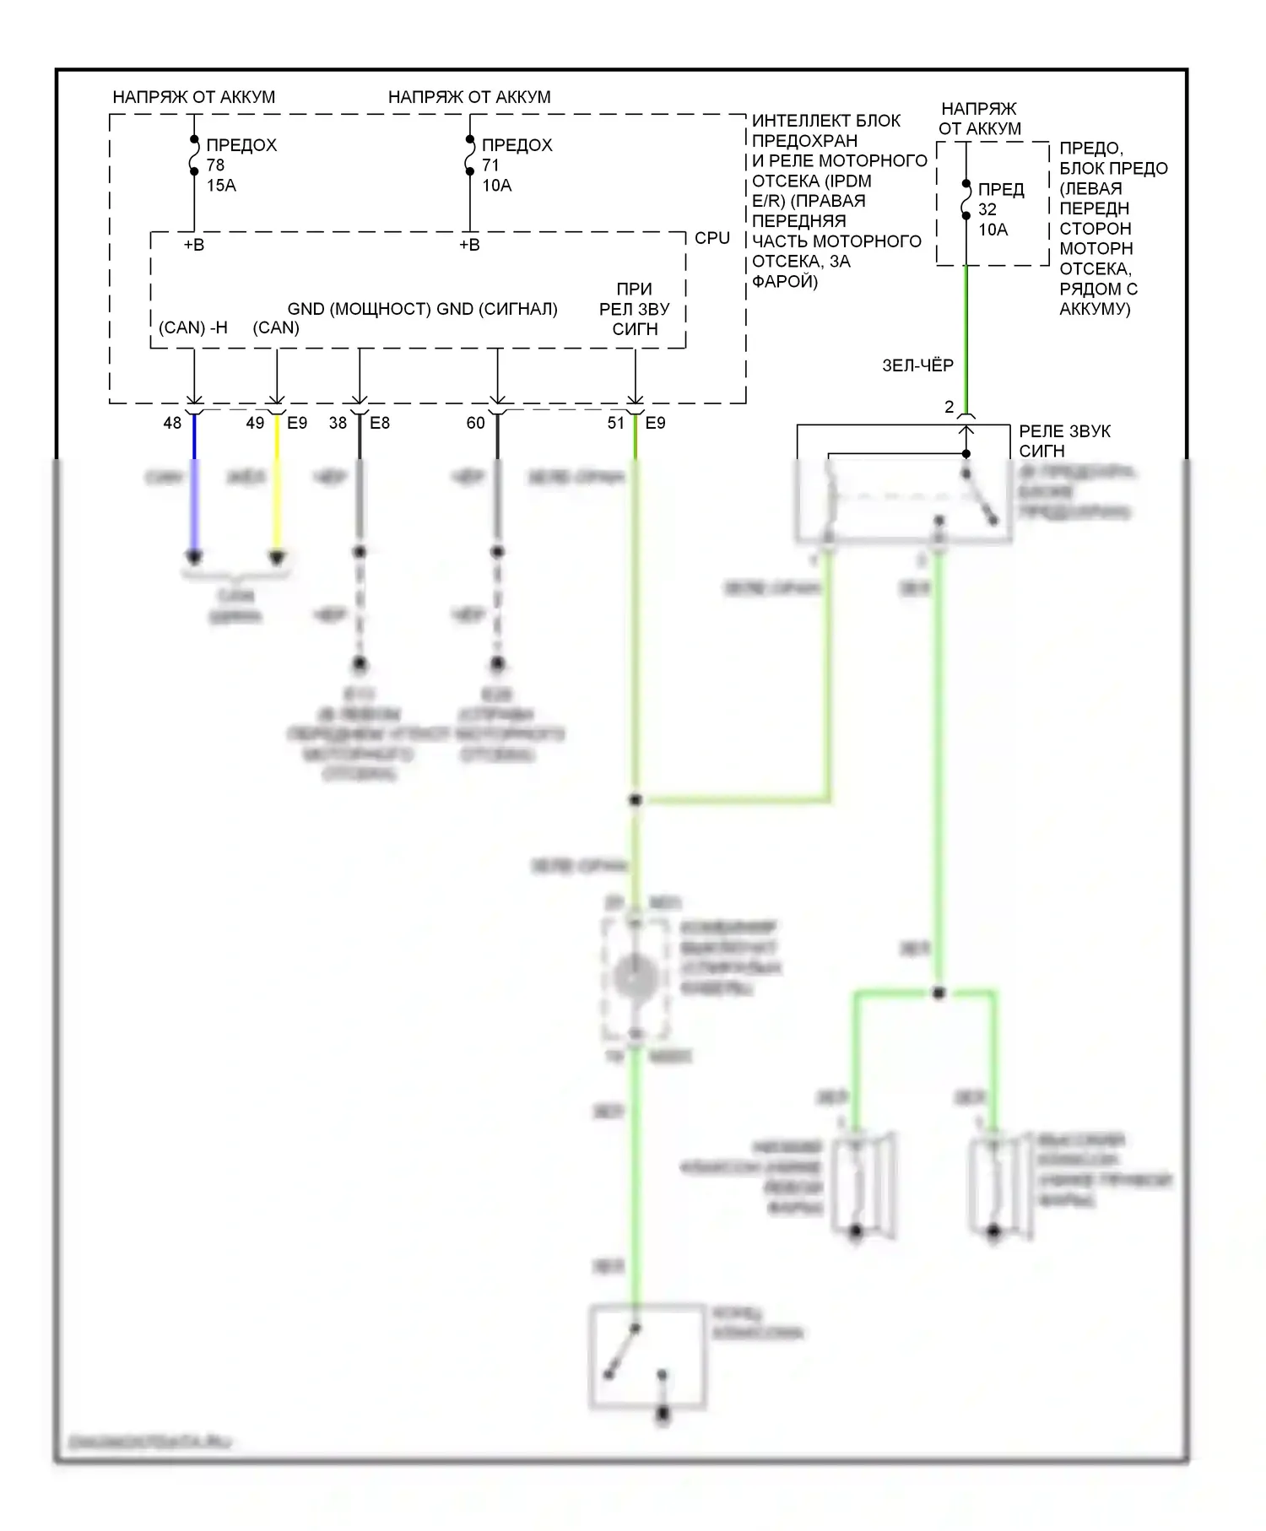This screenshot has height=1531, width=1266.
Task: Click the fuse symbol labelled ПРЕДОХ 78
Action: [x=194, y=156]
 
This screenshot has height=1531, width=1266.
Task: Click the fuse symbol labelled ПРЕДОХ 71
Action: [x=469, y=156]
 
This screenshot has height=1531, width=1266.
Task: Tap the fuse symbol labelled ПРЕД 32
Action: [x=966, y=200]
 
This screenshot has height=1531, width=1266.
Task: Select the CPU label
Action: [x=711, y=239]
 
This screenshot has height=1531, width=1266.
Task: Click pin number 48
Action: [x=172, y=423]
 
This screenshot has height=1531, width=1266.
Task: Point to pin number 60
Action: [x=476, y=423]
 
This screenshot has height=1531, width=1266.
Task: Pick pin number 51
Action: [x=616, y=423]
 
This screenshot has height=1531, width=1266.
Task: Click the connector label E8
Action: [x=380, y=423]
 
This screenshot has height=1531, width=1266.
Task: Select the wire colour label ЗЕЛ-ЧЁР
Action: [x=917, y=365]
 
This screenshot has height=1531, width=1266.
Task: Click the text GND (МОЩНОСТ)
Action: [x=359, y=309]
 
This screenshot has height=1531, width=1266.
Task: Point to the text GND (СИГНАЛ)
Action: [x=497, y=309]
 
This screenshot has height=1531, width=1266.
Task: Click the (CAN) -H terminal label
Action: [x=193, y=327]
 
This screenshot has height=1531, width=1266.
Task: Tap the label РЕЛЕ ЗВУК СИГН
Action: [x=1064, y=441]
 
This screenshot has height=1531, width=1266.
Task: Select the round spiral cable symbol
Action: [x=636, y=978]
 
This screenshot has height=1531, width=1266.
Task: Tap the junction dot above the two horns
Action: [x=939, y=993]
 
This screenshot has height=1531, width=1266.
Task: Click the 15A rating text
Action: [x=221, y=186]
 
